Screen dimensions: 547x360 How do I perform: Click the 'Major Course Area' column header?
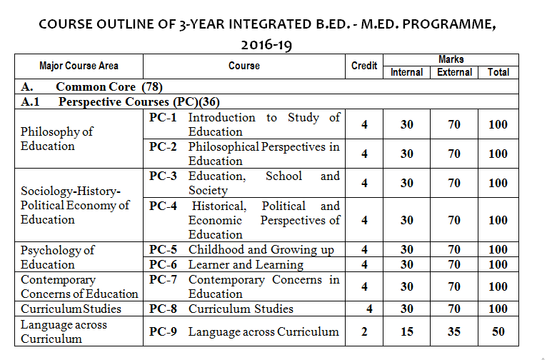pos(79,66)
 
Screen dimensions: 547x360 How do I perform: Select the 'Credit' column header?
pos(364,66)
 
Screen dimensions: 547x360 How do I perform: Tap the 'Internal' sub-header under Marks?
pos(406,72)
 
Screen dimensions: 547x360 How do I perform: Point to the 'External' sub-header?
pos(455,72)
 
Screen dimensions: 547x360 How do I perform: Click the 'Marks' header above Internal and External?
pos(451,60)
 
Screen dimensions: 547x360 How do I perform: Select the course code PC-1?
pos(164,117)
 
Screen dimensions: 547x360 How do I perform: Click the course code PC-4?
pos(164,206)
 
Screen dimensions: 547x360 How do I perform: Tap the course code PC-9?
pos(164,331)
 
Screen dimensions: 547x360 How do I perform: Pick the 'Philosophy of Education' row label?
pos(57,139)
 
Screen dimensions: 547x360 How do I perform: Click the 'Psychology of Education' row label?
pos(57,257)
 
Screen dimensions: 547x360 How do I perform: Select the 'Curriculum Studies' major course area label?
pos(71,309)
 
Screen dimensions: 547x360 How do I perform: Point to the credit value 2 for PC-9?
pos(364,331)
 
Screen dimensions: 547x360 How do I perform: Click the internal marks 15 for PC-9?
pos(406,331)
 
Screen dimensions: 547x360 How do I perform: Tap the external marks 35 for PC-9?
pos(455,331)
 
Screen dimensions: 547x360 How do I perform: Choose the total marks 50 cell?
pos(498,331)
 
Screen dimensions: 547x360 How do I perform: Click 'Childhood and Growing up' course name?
pos(261,250)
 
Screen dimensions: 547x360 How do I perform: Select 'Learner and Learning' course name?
pos(246,265)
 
